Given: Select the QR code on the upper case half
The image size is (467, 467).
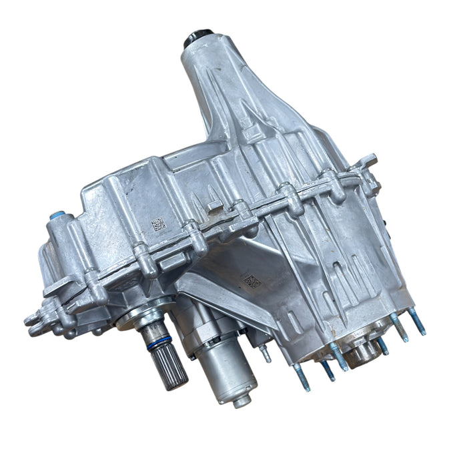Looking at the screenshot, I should click(158, 223).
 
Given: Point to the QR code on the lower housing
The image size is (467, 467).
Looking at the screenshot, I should click(252, 281).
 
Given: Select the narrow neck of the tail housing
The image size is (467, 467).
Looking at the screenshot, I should click(203, 73).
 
